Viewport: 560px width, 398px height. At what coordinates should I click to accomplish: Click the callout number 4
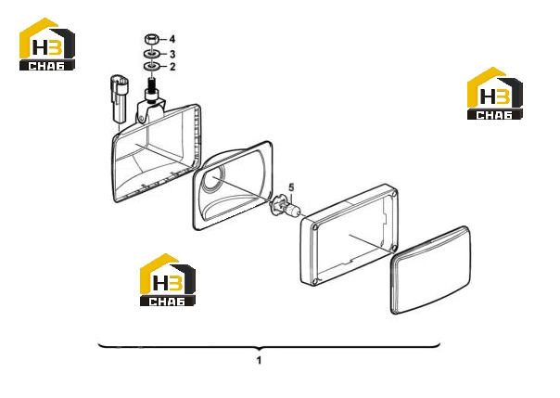(172, 39)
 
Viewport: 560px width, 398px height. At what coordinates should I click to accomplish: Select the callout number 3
(172, 54)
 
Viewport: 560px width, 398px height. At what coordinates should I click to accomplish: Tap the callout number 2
(172, 67)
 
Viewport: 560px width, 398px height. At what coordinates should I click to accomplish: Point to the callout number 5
(291, 186)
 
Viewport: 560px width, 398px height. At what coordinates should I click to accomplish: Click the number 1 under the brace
(260, 360)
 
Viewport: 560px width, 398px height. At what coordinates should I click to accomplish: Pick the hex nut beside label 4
(151, 39)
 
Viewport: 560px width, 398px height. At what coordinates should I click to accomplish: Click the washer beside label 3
(151, 54)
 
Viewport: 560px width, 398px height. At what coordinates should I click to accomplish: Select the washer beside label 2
(151, 67)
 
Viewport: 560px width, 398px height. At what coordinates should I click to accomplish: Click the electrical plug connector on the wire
(119, 98)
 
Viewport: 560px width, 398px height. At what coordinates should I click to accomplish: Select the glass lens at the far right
(430, 270)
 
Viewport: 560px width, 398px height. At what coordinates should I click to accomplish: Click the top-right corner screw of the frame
(393, 194)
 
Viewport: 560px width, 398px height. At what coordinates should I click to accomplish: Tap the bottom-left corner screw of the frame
(314, 282)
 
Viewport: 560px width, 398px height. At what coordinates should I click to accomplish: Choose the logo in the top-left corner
(47, 44)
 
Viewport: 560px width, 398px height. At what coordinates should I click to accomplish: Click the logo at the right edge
(495, 93)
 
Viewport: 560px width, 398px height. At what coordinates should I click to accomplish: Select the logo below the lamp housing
(168, 279)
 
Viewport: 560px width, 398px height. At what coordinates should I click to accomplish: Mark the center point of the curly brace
(260, 348)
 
